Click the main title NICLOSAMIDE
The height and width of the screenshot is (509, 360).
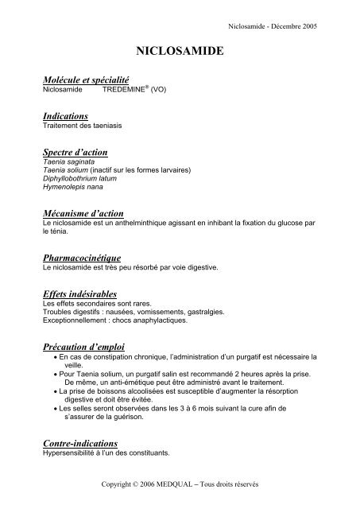tap(180, 51)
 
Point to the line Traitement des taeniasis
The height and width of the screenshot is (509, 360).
tap(83, 126)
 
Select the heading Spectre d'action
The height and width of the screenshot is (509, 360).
tap(75, 151)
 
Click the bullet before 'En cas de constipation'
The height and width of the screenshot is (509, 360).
tap(52, 357)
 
